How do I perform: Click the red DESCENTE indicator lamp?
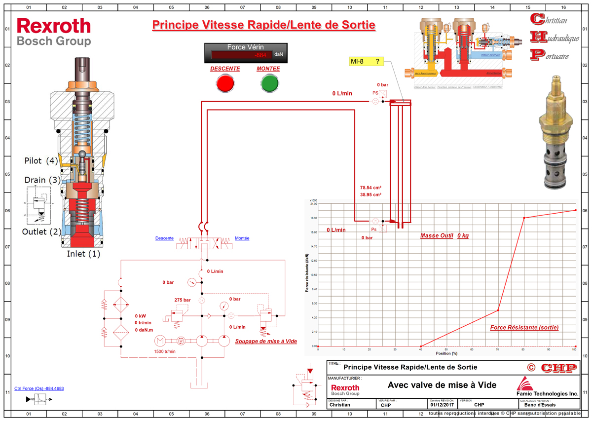225,83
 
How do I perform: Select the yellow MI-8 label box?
367,62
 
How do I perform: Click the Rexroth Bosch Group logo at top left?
54,32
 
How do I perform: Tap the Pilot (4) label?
41,161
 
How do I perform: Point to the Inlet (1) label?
83,254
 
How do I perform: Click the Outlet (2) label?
41,231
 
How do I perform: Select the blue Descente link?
164,238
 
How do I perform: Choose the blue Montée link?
242,238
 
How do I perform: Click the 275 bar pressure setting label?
182,300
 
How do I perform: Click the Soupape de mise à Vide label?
259,341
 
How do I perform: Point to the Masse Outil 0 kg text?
444,236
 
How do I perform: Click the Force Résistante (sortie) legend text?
525,328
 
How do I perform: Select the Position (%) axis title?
446,353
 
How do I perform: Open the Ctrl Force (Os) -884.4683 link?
39,388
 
